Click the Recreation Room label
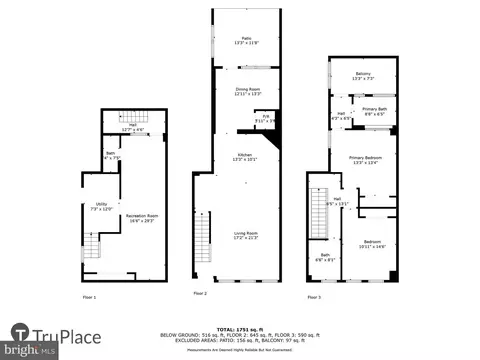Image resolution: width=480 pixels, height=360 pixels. point(140,217)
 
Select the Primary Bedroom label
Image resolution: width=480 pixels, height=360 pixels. point(365,158)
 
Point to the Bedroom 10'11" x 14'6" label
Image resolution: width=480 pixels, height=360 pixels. point(372,243)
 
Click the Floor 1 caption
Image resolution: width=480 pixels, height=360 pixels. point(90,297)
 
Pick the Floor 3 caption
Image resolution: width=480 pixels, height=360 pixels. point(314,297)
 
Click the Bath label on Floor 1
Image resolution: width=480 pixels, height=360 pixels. point(111,155)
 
